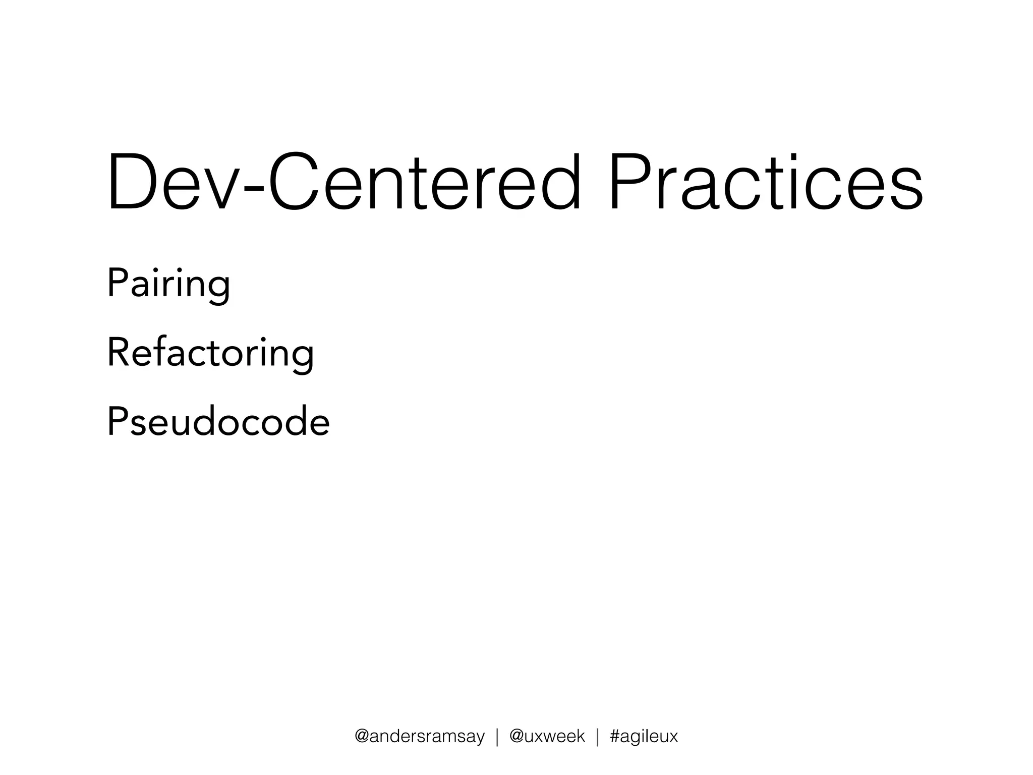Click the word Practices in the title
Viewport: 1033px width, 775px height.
point(766,182)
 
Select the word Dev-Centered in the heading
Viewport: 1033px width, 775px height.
point(344,182)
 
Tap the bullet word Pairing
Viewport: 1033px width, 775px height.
point(168,284)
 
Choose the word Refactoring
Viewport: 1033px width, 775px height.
point(210,353)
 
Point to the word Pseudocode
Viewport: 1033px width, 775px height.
point(218,422)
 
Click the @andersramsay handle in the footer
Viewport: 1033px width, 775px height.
point(420,736)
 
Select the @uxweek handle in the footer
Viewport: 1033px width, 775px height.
point(547,736)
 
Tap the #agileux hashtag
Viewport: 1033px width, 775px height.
point(644,736)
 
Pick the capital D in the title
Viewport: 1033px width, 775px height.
point(132,182)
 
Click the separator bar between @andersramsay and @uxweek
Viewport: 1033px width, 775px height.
point(497,737)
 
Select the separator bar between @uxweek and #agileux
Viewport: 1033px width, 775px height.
point(598,737)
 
